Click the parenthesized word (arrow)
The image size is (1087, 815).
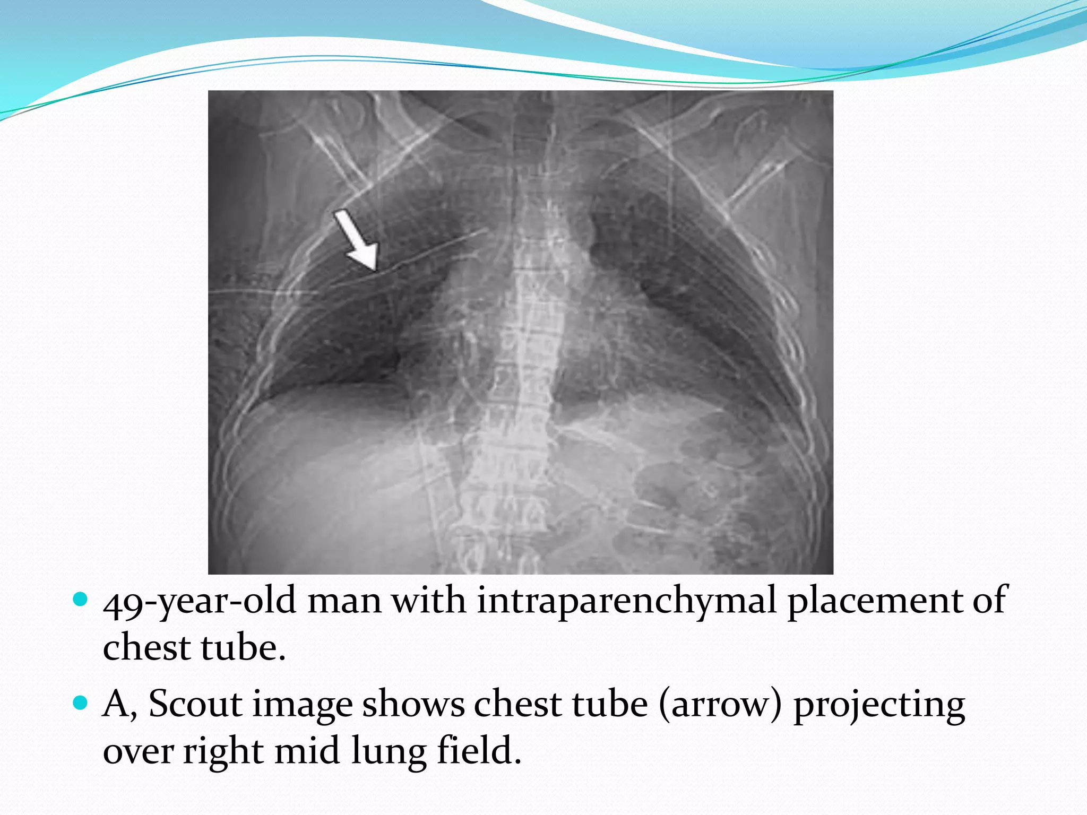click(720, 705)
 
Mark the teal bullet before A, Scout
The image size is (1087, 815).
click(80, 703)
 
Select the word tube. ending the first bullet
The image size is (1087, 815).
click(244, 648)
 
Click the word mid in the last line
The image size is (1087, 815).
click(307, 750)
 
